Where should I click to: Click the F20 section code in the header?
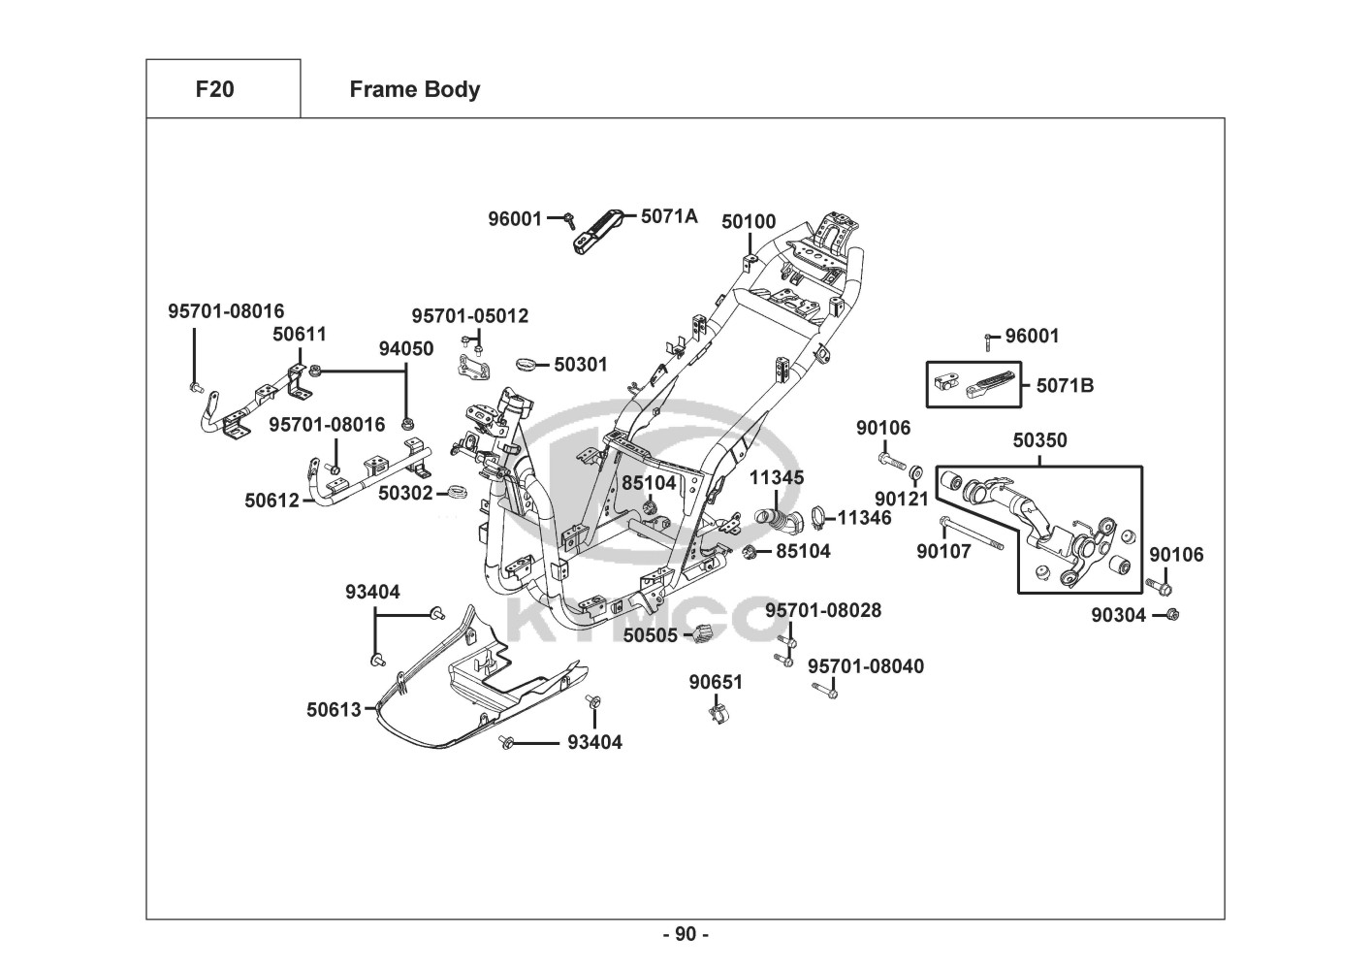[214, 89]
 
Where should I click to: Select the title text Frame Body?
[414, 89]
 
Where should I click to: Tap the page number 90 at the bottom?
[686, 934]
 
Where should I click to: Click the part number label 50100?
[749, 222]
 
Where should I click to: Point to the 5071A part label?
[669, 216]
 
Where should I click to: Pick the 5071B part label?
[1065, 385]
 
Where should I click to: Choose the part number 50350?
[1039, 440]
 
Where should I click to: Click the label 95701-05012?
[470, 316]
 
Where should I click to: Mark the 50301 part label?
[581, 365]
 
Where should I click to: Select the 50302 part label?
[405, 493]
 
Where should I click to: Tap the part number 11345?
[777, 478]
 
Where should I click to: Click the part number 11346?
[865, 518]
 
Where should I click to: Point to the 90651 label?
[716, 682]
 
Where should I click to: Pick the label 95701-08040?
[866, 666]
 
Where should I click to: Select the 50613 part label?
[334, 710]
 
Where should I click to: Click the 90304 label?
[1118, 615]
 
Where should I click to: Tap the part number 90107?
[943, 552]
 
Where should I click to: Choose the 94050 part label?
[406, 349]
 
